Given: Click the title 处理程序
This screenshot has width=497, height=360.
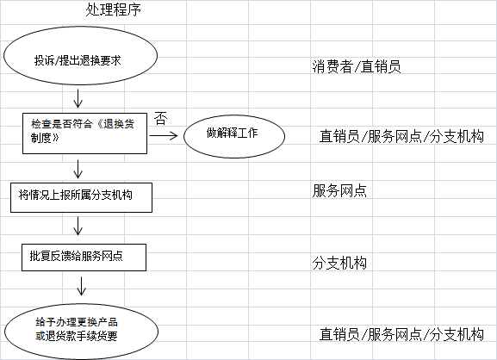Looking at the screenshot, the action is coord(113,9).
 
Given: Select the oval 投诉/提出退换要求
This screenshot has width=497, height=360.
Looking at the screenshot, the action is coord(80,55).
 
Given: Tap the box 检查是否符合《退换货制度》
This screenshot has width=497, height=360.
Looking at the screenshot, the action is coord(84,133).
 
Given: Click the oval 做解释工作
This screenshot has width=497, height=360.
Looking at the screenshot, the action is coord(234,136).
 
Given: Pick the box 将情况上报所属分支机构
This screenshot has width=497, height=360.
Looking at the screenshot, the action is coord(81,197).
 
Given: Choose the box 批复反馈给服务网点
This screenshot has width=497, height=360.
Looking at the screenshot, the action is coord(84,258).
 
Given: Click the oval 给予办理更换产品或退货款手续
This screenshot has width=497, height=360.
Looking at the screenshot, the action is coord(81,332).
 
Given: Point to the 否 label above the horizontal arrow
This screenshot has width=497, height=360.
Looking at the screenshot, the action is coord(161,118).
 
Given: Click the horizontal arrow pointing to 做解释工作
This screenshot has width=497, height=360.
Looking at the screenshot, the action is coord(164,136).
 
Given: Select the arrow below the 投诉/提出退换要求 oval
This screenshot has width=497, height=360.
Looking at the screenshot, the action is coord(78,98).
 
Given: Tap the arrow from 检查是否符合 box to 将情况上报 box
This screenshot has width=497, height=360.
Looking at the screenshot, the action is coord(78,169).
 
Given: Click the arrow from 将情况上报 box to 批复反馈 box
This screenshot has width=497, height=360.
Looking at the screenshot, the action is coord(78,226).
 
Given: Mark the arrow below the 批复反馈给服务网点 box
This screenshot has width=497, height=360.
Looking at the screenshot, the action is coord(82,286).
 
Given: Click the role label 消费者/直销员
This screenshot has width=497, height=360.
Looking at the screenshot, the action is coord(357,66).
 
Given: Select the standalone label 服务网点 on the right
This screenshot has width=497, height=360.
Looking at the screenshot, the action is coord(339,191).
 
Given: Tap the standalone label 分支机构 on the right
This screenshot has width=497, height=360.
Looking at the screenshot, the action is coord(339,263).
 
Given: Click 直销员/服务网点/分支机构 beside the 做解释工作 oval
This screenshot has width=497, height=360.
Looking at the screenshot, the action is coord(401,137).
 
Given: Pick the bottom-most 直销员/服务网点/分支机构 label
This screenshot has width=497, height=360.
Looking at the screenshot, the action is coord(401,334).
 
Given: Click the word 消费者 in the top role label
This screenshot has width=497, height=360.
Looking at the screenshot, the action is coord(332,66).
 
